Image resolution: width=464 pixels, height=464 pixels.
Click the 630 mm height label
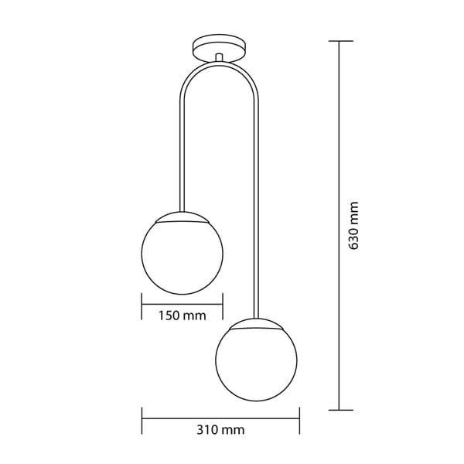(354, 226)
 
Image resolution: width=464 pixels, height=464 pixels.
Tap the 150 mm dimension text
(183, 316)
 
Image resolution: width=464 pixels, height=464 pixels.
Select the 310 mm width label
(220, 430)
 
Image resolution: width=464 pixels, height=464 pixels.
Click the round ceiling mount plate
(220, 49)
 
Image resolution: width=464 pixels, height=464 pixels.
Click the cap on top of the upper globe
(183, 217)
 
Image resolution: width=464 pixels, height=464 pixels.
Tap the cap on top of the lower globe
(256, 323)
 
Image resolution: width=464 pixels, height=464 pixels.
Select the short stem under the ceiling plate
(219, 57)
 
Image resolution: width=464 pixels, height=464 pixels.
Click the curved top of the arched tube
(220, 63)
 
